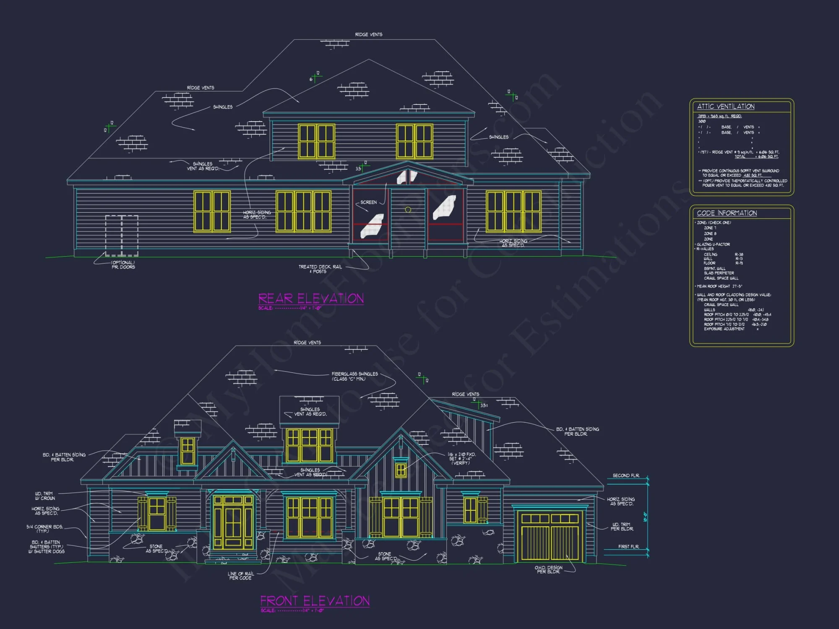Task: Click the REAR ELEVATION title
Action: [311, 299]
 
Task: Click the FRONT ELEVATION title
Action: [315, 601]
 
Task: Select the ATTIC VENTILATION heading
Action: [726, 107]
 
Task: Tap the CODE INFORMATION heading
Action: [727, 213]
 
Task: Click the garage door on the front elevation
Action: [550, 538]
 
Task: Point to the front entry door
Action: [233, 522]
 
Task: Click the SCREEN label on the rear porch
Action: [368, 203]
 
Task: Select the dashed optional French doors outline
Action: [122, 236]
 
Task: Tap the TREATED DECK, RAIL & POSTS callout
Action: [320, 269]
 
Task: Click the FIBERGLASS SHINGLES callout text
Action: [354, 376]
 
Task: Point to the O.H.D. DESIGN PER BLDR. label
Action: [548, 569]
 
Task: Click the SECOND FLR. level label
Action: [626, 476]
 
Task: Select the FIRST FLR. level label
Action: [628, 547]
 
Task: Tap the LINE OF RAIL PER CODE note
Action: [240, 576]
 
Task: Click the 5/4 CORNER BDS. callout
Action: [45, 529]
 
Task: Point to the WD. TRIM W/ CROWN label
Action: [45, 496]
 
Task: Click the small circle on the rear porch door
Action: [408, 210]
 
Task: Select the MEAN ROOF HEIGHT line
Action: [719, 286]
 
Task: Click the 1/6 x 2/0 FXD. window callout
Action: [461, 458]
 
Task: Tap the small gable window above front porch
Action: [401, 470]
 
